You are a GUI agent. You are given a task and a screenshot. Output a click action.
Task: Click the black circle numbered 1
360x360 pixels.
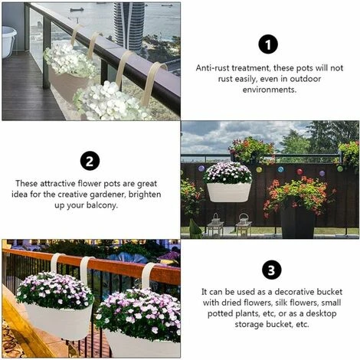tap(268, 45)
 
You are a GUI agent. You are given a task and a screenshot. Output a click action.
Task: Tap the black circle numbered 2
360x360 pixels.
tap(90, 161)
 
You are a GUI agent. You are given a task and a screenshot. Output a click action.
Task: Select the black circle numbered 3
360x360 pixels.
tap(271, 270)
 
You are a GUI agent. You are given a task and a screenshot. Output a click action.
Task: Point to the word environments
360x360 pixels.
tap(270, 90)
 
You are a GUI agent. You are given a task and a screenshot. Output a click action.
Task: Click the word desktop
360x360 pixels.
tap(321, 313)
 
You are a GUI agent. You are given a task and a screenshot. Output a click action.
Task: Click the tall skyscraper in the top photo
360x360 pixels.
tap(129, 25)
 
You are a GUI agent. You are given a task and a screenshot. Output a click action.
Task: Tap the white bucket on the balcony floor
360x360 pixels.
tap(8, 41)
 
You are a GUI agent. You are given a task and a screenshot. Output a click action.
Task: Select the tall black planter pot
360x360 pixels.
tap(298, 220)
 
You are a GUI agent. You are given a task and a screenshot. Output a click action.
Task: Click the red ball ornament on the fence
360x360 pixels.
tap(299, 171)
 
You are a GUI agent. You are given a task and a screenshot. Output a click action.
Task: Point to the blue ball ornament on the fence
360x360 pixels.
tap(280, 169)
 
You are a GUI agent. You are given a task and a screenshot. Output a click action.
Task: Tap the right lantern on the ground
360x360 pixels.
tap(244, 224)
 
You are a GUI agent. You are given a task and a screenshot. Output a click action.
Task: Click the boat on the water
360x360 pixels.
tap(77, 10)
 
